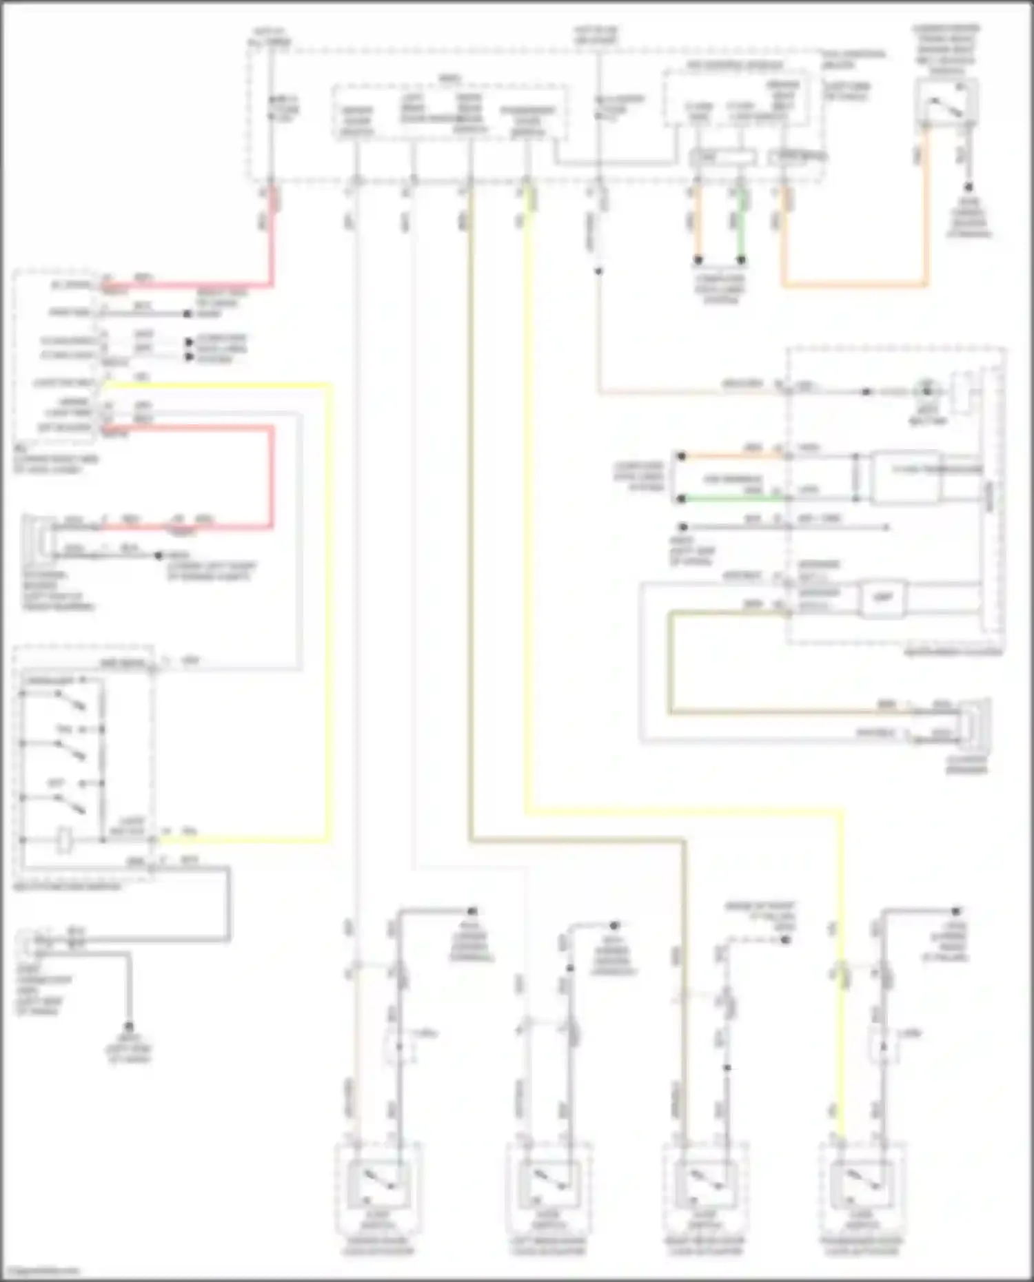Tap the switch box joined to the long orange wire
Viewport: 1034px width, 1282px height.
coord(946,103)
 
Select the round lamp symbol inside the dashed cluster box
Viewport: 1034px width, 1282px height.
coord(926,391)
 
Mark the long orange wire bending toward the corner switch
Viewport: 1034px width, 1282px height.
coord(855,284)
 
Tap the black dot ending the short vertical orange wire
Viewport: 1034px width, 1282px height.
coord(698,260)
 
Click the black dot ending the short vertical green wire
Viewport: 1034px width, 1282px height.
coord(741,260)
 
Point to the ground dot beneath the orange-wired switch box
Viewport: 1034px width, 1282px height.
coord(969,187)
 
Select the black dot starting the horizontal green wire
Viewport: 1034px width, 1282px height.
coord(681,498)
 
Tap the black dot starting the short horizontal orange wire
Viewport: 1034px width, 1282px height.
coord(681,456)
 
